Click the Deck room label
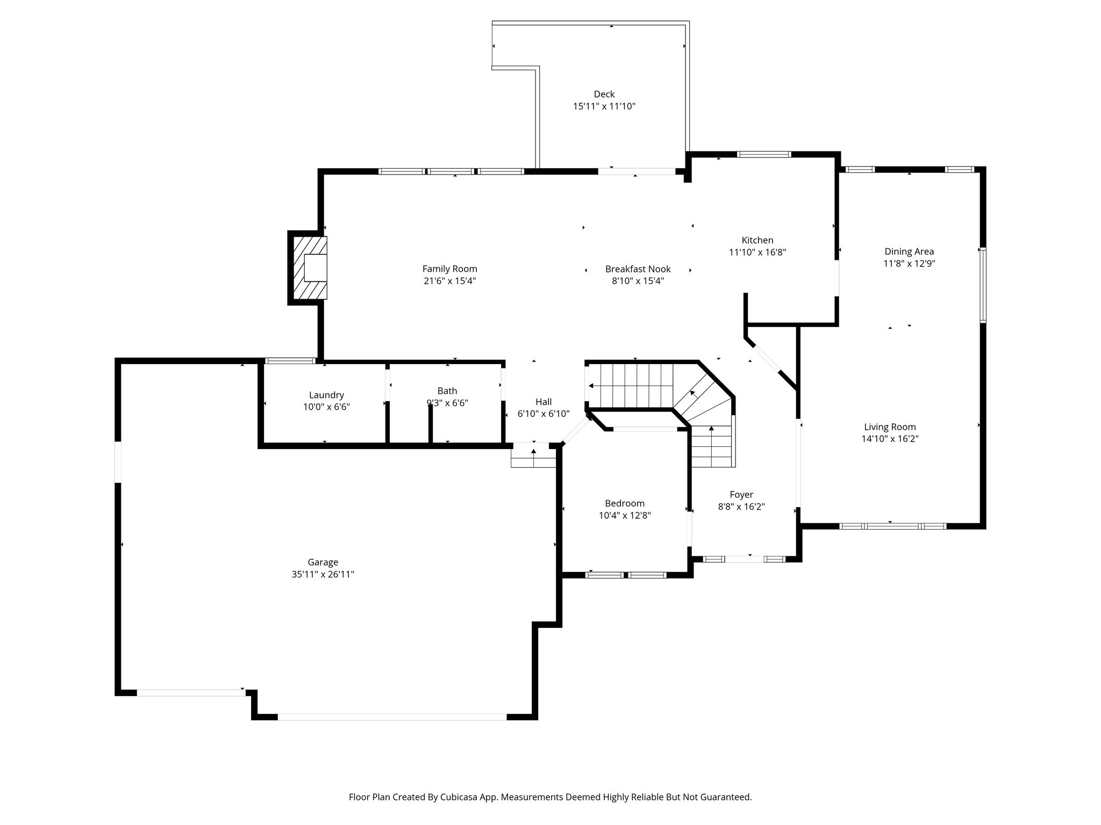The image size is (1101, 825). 604,94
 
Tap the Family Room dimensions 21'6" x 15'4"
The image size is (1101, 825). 449,281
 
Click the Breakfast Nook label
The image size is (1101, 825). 638,269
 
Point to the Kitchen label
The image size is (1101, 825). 757,240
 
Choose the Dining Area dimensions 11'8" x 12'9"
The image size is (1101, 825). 909,264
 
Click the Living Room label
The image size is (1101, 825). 890,427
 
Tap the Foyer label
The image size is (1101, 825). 741,495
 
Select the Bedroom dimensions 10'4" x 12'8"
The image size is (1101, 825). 624,516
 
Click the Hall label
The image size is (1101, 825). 544,402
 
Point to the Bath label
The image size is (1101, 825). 447,391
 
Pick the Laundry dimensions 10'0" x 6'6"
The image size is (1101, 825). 326,407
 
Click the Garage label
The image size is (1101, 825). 323,562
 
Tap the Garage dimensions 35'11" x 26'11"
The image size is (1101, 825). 323,575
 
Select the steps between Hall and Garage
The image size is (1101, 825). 533,455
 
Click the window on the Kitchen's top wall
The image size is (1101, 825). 763,155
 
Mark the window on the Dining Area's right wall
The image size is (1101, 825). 982,285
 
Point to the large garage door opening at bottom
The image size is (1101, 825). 392,717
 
